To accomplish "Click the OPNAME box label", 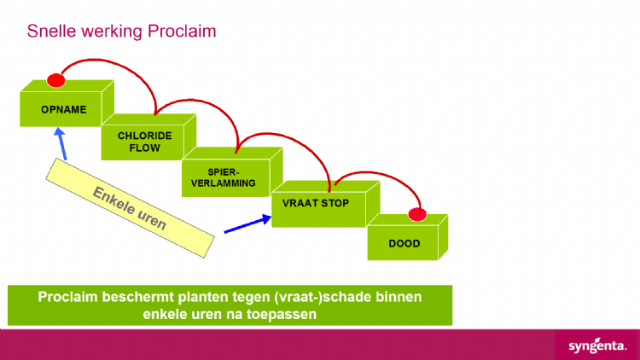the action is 64,109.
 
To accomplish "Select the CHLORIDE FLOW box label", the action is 144,142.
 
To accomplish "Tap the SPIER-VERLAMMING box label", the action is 224,177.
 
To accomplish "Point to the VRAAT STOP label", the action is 316,203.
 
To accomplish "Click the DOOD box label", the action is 404,244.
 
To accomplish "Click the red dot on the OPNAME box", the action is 56,80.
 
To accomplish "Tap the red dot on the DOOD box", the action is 417,214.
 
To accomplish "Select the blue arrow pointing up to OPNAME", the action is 61,143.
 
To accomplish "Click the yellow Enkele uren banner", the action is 130,208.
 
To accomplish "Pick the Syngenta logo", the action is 597,346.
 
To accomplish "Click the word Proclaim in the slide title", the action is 182,31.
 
